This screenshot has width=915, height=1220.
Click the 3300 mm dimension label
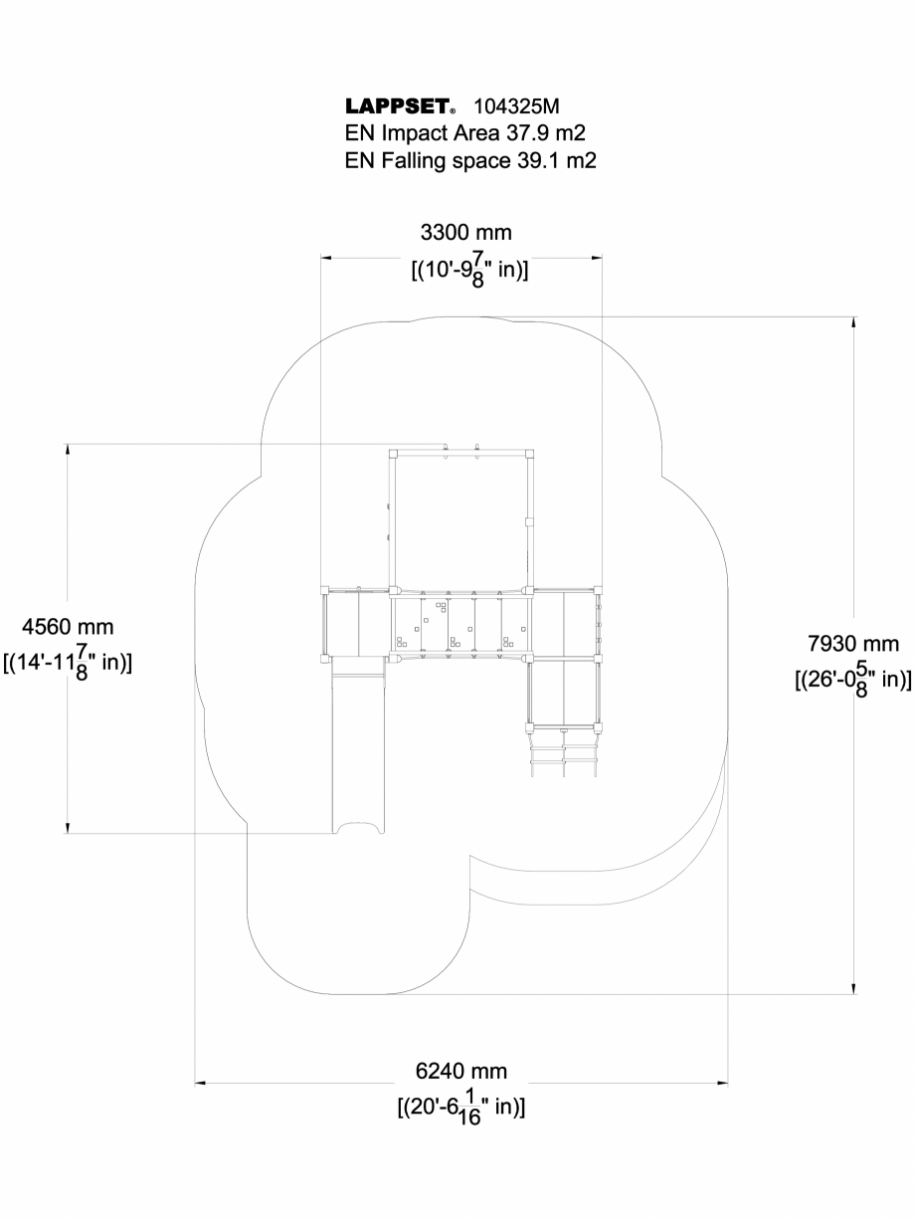466,233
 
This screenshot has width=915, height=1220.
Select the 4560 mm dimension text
68,627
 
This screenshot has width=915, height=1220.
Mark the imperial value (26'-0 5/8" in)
852,680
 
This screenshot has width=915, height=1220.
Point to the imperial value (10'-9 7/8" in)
468,271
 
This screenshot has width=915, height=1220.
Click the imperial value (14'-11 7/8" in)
68,663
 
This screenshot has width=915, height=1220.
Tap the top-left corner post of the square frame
393,453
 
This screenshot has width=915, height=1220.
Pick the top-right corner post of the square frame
530,453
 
